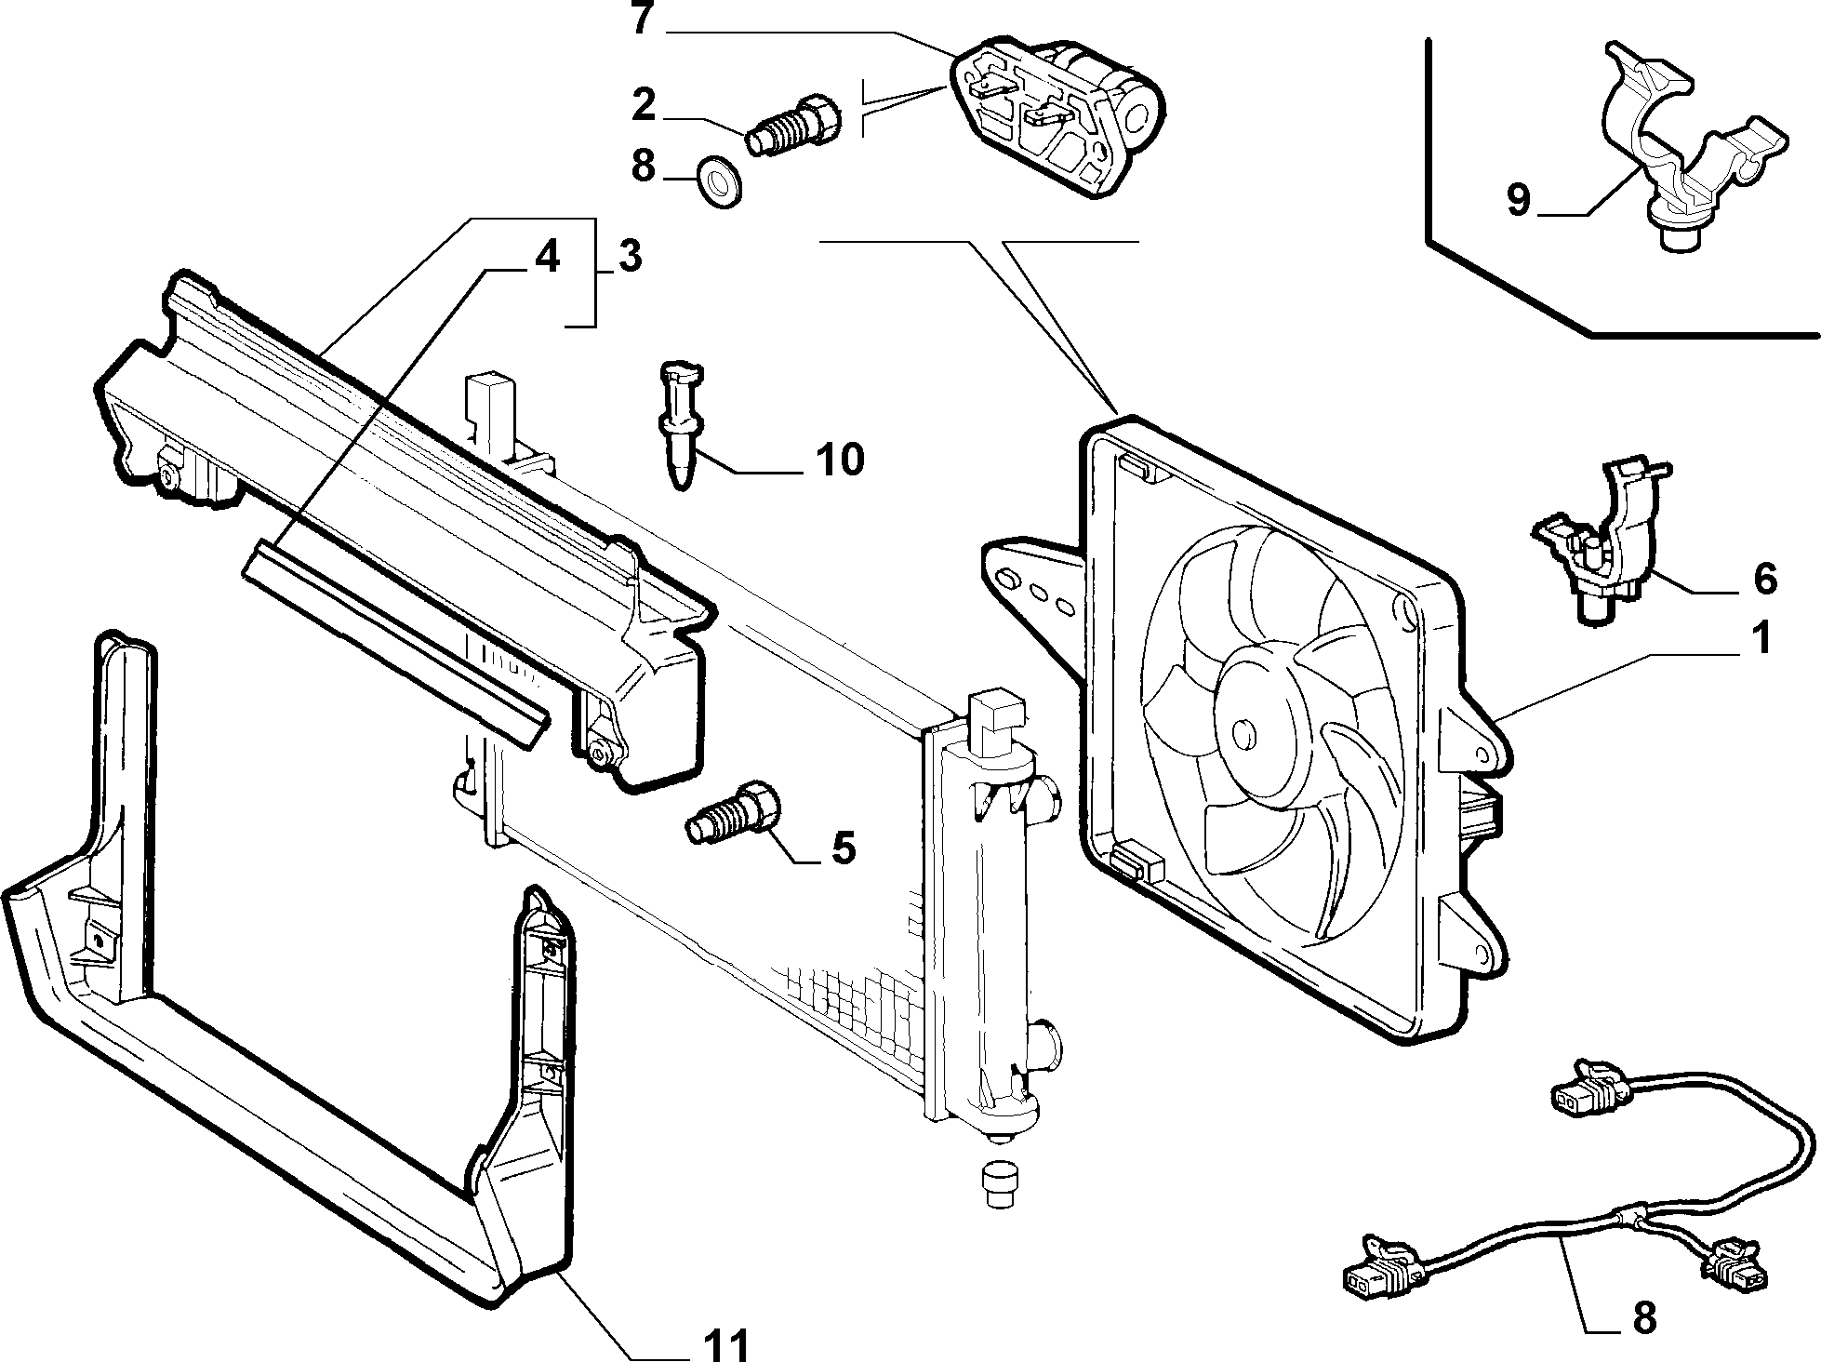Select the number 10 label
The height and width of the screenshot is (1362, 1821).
click(x=840, y=459)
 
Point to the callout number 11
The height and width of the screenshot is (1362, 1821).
click(x=723, y=1344)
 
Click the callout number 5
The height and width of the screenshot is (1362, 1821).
click(x=843, y=848)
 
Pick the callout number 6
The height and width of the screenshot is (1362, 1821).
click(x=1764, y=579)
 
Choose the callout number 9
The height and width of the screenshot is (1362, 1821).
click(x=1518, y=200)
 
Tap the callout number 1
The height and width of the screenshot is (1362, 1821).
click(x=1761, y=640)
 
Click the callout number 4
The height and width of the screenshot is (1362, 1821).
click(x=546, y=256)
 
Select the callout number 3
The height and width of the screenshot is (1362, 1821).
click(x=629, y=256)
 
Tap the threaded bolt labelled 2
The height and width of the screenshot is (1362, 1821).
click(x=795, y=127)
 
